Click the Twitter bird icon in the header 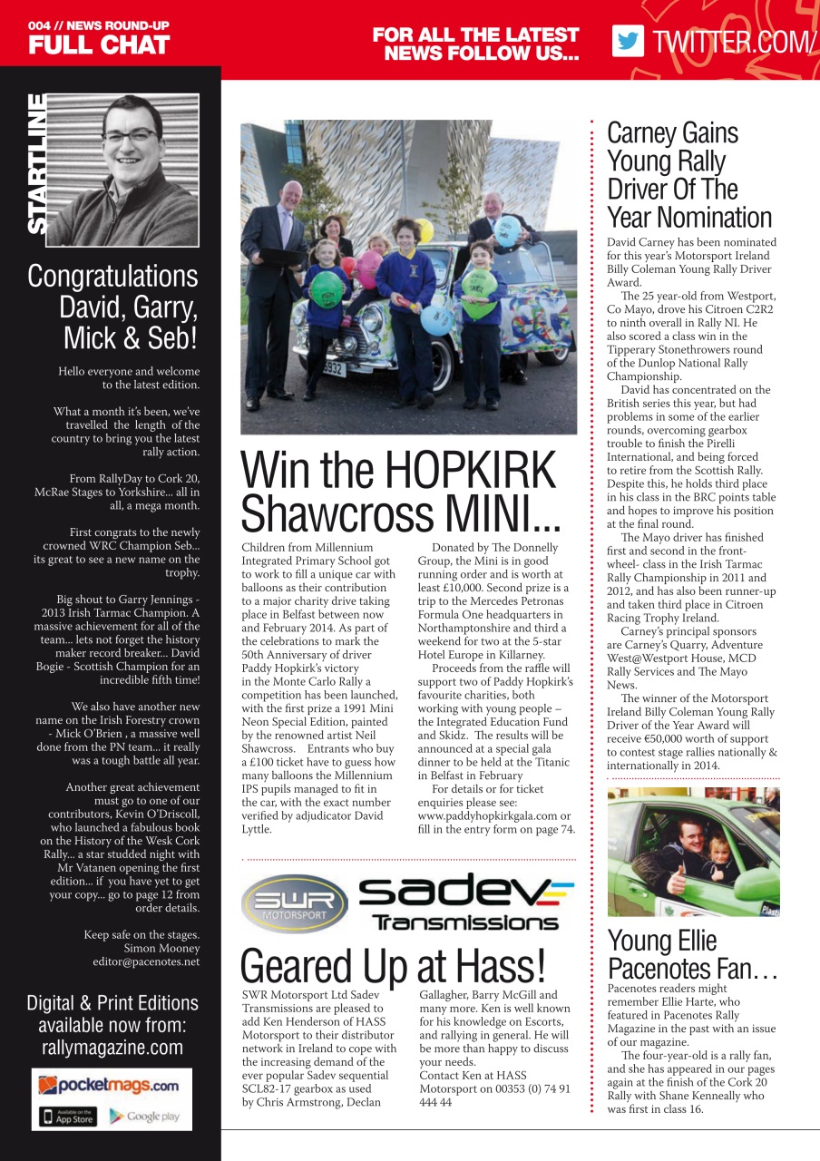click(x=628, y=41)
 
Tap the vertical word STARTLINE click(x=38, y=164)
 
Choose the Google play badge click(x=145, y=1116)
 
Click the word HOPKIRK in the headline click(x=470, y=471)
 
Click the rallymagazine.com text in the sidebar click(x=112, y=1048)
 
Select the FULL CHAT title click(x=99, y=45)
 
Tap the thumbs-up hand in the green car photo click(x=653, y=879)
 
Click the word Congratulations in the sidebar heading click(x=112, y=276)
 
